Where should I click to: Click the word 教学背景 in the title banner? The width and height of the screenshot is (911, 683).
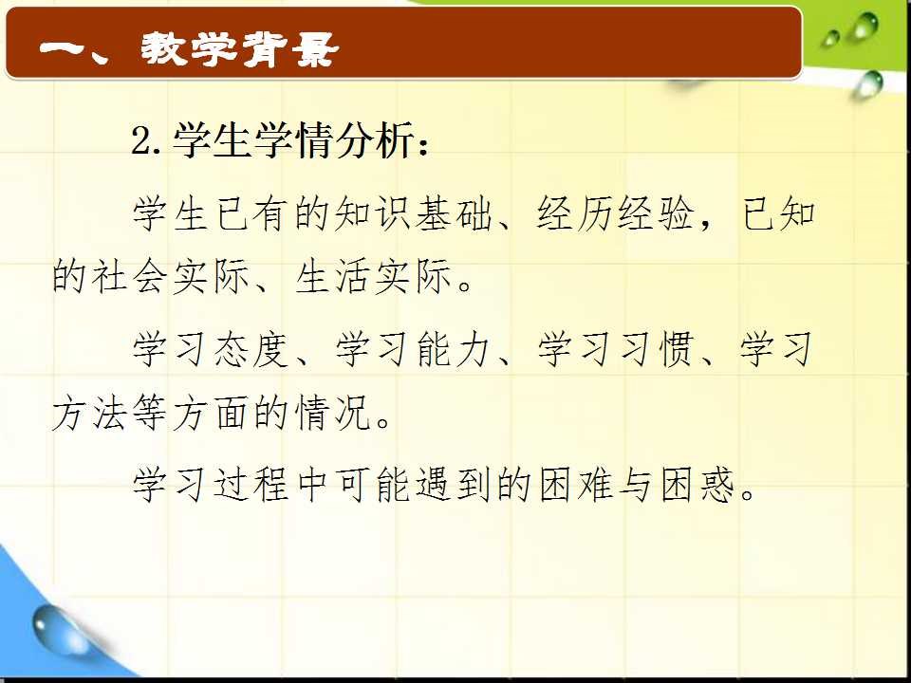click(x=239, y=48)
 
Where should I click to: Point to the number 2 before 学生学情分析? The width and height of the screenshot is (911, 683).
click(x=141, y=141)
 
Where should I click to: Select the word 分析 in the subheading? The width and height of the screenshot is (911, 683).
click(x=376, y=140)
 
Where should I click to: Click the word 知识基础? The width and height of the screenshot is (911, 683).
click(x=414, y=213)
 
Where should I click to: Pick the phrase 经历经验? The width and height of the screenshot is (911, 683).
click(x=616, y=213)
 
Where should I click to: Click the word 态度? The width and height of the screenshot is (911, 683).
click(x=251, y=349)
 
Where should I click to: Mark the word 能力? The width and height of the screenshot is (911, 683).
click(x=454, y=349)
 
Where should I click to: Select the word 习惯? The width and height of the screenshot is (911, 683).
click(x=657, y=349)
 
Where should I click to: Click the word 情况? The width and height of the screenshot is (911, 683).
click(x=332, y=413)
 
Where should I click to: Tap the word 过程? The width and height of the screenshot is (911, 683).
click(x=251, y=485)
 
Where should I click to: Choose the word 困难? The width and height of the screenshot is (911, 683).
click(x=575, y=485)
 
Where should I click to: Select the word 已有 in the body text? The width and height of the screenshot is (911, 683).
click(x=251, y=213)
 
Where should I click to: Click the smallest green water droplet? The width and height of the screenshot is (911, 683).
click(x=829, y=39)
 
